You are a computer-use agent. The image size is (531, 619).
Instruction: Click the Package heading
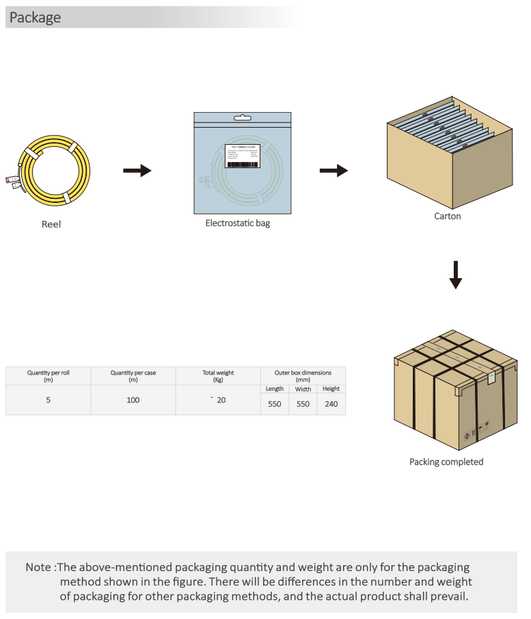(35, 18)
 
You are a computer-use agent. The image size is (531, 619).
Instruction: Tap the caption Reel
(51, 224)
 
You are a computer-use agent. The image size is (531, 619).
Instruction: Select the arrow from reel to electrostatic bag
(137, 170)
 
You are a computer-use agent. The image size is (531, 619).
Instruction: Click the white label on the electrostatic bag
(243, 156)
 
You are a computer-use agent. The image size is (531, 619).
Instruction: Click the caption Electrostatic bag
(238, 223)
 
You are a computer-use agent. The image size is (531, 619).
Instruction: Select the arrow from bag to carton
(333, 170)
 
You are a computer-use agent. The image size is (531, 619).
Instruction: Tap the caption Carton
(448, 217)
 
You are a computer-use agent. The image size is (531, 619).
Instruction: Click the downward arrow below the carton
(456, 274)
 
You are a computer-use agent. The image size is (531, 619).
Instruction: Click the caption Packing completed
(446, 463)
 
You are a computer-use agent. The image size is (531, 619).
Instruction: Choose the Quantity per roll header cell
(49, 376)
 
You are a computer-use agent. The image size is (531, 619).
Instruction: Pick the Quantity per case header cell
(133, 376)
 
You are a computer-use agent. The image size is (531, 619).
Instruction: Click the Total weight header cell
(218, 376)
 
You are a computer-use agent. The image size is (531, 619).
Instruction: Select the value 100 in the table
(133, 400)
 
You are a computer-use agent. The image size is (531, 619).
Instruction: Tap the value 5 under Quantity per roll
(49, 400)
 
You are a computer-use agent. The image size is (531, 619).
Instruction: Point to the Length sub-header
(275, 389)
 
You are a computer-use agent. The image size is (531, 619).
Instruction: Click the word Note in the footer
(38, 568)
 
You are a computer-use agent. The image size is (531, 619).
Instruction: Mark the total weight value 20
(221, 400)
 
